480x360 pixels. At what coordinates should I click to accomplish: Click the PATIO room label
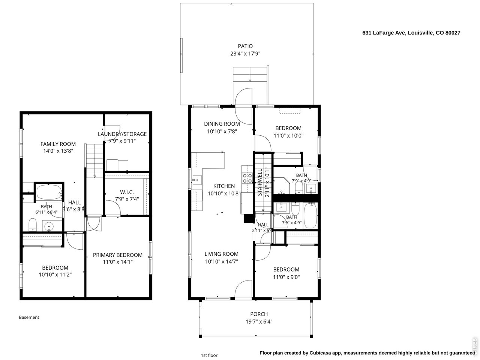pos(245,46)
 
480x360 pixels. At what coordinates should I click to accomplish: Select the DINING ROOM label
pos(222,124)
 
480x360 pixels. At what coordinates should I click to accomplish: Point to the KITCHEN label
pos(224,186)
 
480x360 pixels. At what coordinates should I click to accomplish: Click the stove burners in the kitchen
pos(247,178)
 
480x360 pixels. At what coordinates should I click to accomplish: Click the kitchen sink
pos(197,180)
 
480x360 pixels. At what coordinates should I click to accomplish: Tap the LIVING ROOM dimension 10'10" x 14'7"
pos(221,261)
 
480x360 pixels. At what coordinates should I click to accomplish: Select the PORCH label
pos(259,314)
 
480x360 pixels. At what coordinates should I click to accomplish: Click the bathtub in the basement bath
pos(49,192)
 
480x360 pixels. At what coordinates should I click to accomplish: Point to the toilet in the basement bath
pos(33,224)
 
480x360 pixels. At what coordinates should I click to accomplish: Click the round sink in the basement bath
pos(48,226)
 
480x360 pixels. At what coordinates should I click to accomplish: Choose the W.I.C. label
pos(127,192)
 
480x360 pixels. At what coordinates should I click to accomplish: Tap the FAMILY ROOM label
pos(58,144)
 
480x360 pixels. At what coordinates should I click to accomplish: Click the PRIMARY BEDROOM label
pos(118,255)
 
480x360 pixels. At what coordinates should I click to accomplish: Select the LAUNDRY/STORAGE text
pos(122,134)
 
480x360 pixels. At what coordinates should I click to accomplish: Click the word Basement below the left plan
pos(29,317)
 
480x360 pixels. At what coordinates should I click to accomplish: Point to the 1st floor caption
pos(209,355)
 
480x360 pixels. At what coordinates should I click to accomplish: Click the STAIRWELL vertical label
pos(260,182)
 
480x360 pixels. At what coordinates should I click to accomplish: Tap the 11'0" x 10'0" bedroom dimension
pos(288,135)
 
